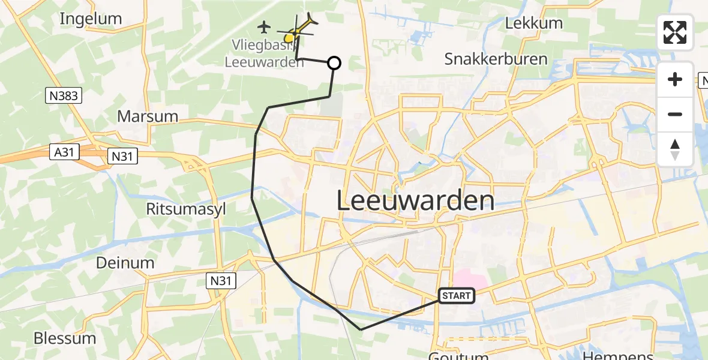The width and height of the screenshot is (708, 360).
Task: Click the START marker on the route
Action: [x=457, y=295]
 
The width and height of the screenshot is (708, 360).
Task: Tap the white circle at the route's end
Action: [x=334, y=63]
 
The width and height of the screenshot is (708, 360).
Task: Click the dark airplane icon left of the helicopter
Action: [x=264, y=27]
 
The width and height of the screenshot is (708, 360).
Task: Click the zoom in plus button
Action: [x=675, y=79]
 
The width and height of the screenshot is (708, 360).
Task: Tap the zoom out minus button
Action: [x=675, y=114]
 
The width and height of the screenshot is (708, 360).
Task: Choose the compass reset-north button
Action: [x=675, y=149]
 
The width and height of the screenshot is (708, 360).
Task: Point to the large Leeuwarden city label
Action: [x=415, y=200]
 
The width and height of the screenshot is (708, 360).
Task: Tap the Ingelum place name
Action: [x=91, y=19]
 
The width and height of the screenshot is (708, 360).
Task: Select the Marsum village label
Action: [x=148, y=116]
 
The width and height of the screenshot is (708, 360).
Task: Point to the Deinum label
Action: [x=125, y=262]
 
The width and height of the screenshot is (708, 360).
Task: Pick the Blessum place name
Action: [x=65, y=338]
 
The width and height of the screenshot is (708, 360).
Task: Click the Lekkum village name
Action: [x=534, y=23]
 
